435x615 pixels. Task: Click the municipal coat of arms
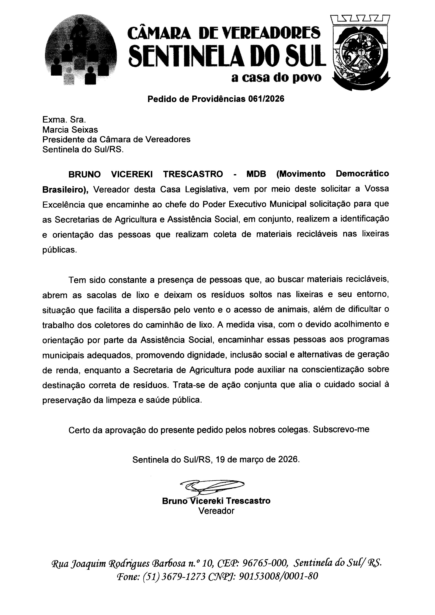coord(360,52)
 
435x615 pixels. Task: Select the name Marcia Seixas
coord(70,130)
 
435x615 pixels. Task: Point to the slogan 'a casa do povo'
coord(276,78)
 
